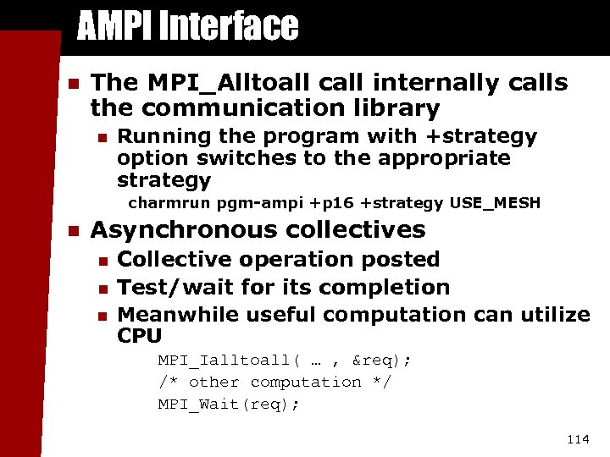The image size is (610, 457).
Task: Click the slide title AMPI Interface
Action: tap(187, 26)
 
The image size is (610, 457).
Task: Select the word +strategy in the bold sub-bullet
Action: tap(488, 136)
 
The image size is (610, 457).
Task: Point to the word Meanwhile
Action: tap(177, 315)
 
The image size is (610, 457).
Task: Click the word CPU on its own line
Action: tap(140, 336)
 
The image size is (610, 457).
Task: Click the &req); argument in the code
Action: tap(380, 361)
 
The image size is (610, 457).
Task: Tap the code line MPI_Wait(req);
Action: tap(229, 405)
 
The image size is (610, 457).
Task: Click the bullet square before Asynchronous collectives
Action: tap(73, 231)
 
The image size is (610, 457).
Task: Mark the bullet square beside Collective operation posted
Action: tap(102, 261)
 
